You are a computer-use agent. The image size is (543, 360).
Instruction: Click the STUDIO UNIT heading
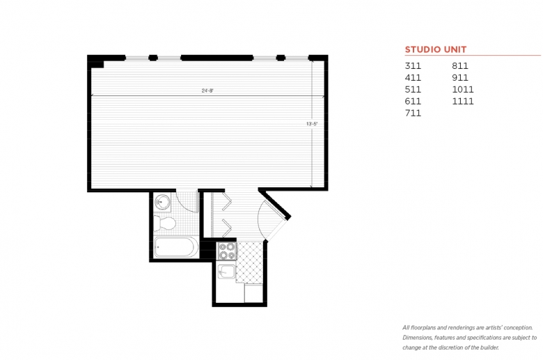[436, 49]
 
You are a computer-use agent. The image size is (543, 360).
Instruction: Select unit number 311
[413, 66]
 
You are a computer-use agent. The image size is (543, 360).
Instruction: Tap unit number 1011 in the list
[463, 89]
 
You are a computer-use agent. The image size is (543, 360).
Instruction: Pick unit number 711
[413, 113]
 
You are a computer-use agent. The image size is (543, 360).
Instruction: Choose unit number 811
[460, 66]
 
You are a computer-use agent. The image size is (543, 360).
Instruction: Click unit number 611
[413, 101]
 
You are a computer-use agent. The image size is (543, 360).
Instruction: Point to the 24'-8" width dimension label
[207, 91]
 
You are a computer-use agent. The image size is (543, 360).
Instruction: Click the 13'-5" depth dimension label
[312, 124]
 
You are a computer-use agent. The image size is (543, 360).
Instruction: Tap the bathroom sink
[162, 202]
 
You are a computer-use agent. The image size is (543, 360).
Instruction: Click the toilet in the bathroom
[164, 223]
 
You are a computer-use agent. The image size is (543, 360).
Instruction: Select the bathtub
[176, 247]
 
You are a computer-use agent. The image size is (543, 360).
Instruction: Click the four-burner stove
[226, 251]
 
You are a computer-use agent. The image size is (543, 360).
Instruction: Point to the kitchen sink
[226, 272]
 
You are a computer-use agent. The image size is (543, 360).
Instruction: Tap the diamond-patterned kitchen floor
[249, 263]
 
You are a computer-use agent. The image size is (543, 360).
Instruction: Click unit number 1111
[463, 101]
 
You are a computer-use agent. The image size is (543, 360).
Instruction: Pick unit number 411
[413, 77]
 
